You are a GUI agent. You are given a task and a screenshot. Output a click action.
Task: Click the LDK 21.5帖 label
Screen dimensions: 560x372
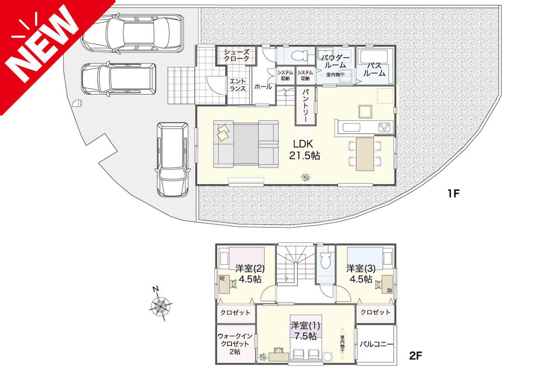click(x=304, y=150)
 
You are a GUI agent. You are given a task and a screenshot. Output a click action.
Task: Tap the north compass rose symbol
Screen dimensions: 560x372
click(x=160, y=305)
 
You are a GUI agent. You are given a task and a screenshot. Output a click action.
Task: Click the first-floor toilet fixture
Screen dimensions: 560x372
click(x=299, y=56)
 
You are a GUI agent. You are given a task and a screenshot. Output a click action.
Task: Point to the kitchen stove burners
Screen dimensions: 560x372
click(x=384, y=127)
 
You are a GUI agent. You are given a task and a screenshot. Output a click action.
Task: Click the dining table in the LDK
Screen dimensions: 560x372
click(x=365, y=154)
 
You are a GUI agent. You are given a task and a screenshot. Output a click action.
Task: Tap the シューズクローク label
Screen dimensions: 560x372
click(x=236, y=55)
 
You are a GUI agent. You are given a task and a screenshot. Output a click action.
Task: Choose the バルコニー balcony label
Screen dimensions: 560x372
click(x=376, y=344)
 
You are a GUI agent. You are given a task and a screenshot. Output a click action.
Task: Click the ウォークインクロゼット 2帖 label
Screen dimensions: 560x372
click(x=235, y=344)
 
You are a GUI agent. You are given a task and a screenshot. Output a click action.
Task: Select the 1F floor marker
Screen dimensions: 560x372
click(x=454, y=193)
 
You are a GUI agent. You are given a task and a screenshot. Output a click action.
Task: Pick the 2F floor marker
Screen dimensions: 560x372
click(x=416, y=356)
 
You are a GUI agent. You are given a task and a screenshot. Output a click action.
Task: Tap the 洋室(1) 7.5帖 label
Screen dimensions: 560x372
click(x=305, y=331)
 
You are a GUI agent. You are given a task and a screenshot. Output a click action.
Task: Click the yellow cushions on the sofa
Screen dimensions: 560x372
click(x=223, y=133)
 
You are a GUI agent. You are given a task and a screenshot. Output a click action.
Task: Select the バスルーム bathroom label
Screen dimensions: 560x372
click(x=374, y=69)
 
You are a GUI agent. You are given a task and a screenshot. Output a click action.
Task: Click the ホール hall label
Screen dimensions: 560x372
click(x=263, y=87)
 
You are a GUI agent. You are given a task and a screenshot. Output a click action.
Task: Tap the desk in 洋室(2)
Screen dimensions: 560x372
click(x=224, y=284)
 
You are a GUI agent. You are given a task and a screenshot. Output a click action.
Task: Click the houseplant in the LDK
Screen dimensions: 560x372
click(x=305, y=177)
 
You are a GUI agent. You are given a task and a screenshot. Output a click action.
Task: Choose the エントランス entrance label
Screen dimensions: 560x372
click(x=238, y=85)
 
